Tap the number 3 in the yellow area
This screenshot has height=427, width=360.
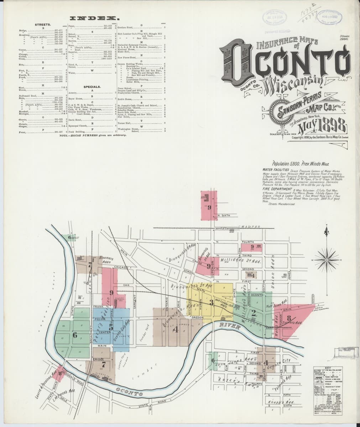point(211,302)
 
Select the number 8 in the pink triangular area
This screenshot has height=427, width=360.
point(289,318)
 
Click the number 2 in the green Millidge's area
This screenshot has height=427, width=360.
point(253,313)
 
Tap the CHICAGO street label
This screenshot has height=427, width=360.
point(121,267)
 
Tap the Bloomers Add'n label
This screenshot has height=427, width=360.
point(105,260)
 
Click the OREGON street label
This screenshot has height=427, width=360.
point(197,317)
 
